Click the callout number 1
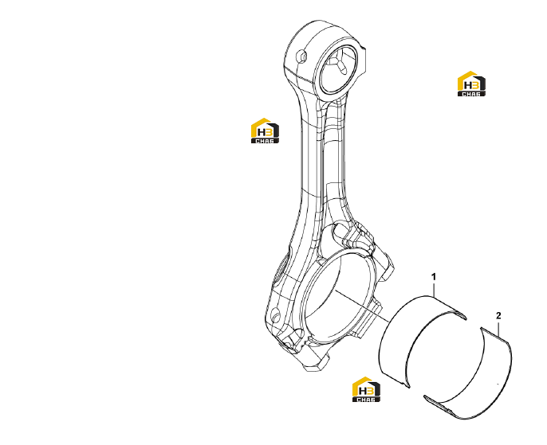[x=434, y=277]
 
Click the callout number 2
[x=498, y=316]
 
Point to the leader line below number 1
[x=434, y=290]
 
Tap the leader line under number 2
[x=499, y=330]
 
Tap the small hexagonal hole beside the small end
[x=301, y=57]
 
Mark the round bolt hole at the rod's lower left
[x=276, y=316]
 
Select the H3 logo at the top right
[x=471, y=84]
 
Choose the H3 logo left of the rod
[x=265, y=131]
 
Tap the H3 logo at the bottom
[x=366, y=389]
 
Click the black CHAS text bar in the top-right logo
[x=471, y=94]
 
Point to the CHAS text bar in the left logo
[x=265, y=141]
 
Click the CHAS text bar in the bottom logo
[x=366, y=400]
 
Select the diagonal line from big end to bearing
[x=363, y=306]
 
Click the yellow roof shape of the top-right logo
[x=466, y=77]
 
